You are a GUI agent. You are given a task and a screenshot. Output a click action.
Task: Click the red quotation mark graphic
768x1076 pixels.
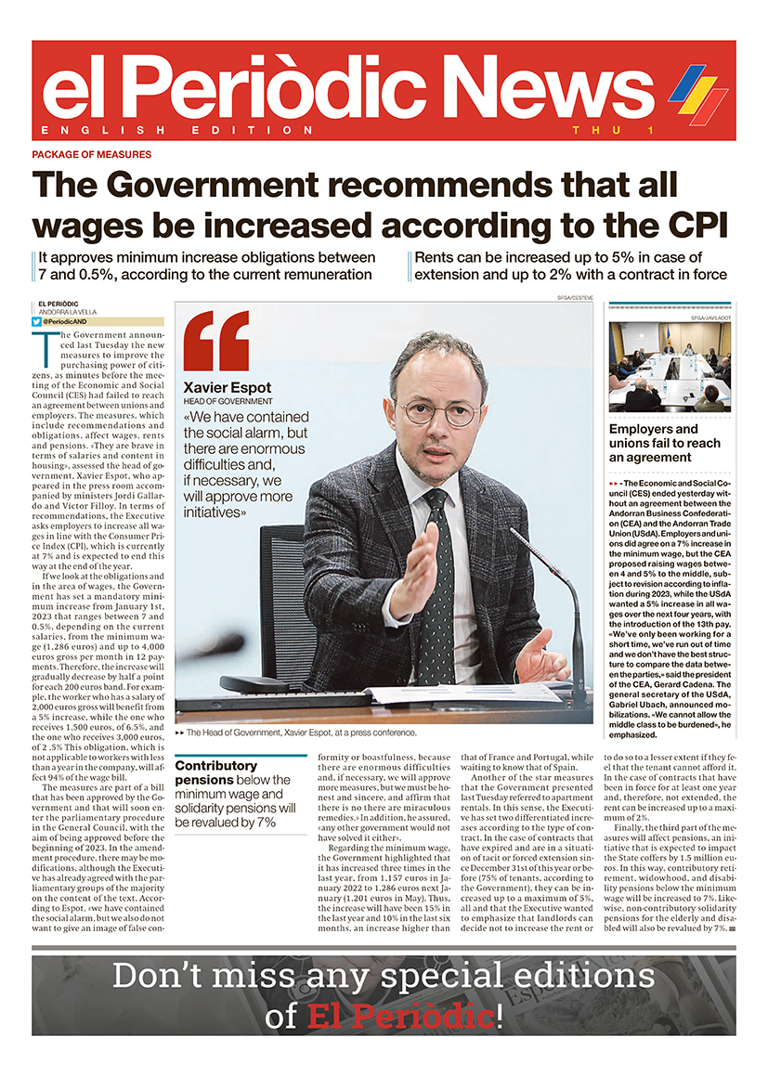click(x=216, y=341)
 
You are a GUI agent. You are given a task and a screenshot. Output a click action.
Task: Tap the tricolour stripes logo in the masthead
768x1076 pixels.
click(x=697, y=94)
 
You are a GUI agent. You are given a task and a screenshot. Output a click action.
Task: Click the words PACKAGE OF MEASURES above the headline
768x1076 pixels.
click(x=91, y=154)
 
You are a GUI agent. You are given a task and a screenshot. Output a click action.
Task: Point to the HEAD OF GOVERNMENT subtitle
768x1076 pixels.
click(x=228, y=401)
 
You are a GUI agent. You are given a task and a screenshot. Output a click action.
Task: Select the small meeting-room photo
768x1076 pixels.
click(x=669, y=367)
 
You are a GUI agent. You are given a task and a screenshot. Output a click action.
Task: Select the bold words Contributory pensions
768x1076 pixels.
click(x=215, y=773)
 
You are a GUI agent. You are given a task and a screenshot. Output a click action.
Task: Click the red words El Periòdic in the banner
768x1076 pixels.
click(x=402, y=1016)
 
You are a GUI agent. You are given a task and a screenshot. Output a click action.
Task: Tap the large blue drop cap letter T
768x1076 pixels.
click(x=43, y=348)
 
